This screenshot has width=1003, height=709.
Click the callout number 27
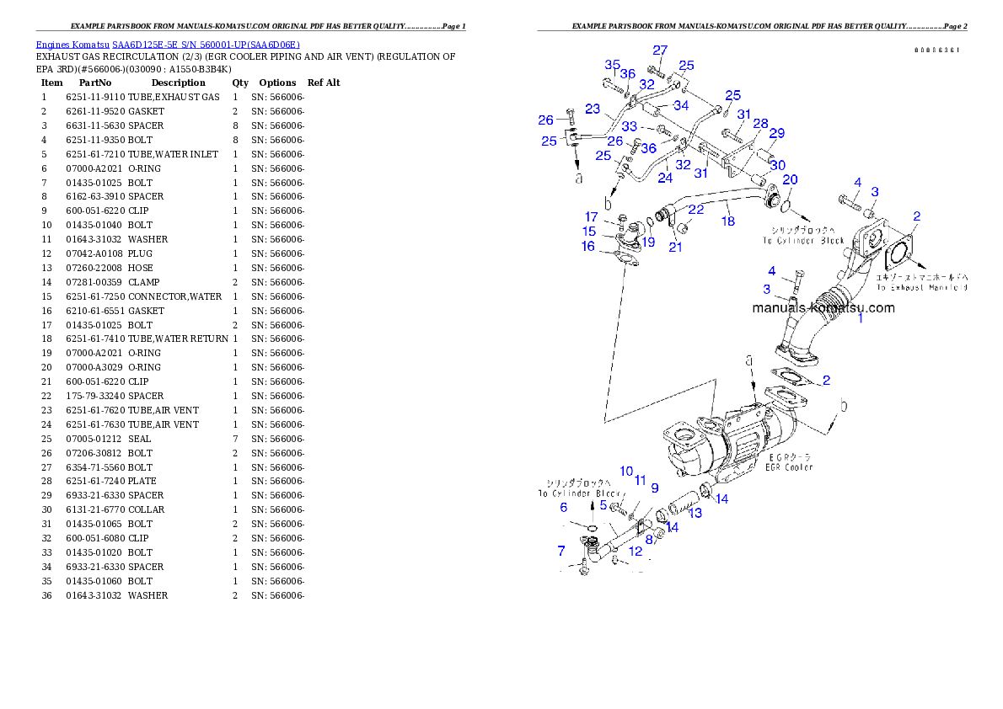[660, 50]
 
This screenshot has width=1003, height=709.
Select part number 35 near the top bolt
[613, 65]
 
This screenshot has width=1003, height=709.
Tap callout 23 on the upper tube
[593, 109]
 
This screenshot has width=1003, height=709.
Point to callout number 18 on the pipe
[727, 221]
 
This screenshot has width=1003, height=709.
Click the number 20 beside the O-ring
[790, 180]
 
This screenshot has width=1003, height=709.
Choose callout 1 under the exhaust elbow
[861, 319]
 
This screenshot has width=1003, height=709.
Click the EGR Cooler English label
[790, 466]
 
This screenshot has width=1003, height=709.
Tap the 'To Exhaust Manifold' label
[920, 287]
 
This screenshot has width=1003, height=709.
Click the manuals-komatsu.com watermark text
[823, 307]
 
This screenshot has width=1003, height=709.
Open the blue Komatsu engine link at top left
[168, 45]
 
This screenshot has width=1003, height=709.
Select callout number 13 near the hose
[695, 513]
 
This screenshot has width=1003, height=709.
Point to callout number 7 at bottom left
[561, 551]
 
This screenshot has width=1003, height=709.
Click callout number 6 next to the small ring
[564, 507]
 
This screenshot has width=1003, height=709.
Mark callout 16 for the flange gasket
[587, 246]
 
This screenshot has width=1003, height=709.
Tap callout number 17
[592, 217]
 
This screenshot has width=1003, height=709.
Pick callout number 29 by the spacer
[776, 133]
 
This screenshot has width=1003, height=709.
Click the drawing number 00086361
[937, 50]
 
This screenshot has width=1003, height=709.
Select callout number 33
[630, 127]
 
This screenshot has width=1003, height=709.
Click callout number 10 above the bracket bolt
[626, 471]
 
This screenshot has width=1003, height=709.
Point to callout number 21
[675, 247]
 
